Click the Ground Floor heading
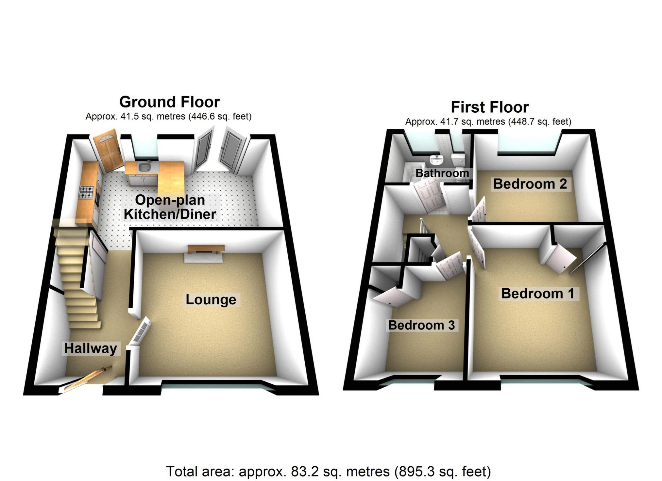click(169, 102)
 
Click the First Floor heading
click(489, 107)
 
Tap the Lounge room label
click(211, 299)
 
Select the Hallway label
click(91, 348)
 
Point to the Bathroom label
click(442, 173)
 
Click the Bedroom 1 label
click(537, 293)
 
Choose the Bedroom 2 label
click(530, 184)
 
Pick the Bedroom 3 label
click(421, 325)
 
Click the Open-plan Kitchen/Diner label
click(170, 207)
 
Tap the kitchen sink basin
click(144, 168)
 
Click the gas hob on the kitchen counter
click(87, 192)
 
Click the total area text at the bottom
click(328, 472)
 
